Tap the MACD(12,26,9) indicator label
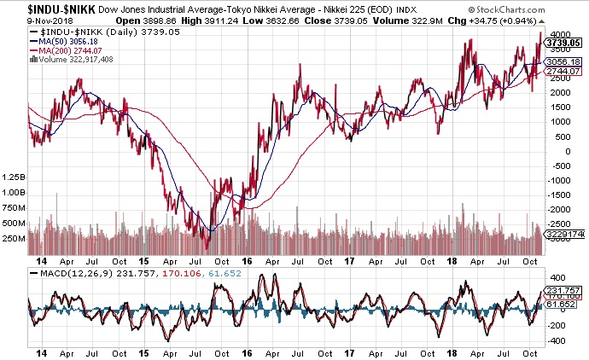click(64, 272)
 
